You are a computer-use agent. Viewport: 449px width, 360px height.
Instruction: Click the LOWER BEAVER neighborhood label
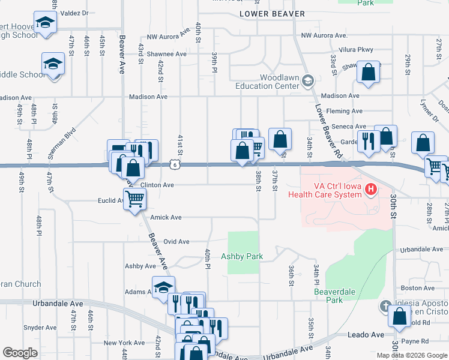[x=272, y=14]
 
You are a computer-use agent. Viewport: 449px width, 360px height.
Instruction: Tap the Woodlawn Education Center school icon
[x=308, y=80]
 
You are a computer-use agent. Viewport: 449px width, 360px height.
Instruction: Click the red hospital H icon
[x=370, y=190]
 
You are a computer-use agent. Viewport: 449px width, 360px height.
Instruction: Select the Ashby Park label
[x=242, y=256]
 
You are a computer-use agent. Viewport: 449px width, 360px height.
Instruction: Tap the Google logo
[x=20, y=353]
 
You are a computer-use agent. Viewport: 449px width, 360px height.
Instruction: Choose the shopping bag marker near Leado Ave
[x=400, y=316]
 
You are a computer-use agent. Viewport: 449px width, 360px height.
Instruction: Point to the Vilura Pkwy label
[x=356, y=50]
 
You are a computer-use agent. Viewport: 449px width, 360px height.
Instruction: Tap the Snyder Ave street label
[x=39, y=328]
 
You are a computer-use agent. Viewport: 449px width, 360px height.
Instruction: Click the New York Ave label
[x=124, y=343]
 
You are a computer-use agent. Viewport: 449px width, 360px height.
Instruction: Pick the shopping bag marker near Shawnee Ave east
[x=369, y=73]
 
